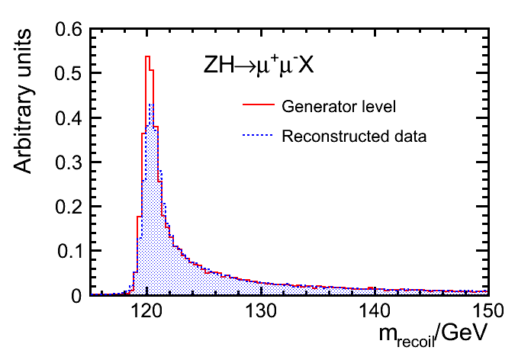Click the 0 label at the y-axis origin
[x=76, y=294]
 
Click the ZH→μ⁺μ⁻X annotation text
[x=259, y=66]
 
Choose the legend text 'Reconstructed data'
[x=353, y=137]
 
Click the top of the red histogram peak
[x=147, y=56]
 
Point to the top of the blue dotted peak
[x=151, y=104]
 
